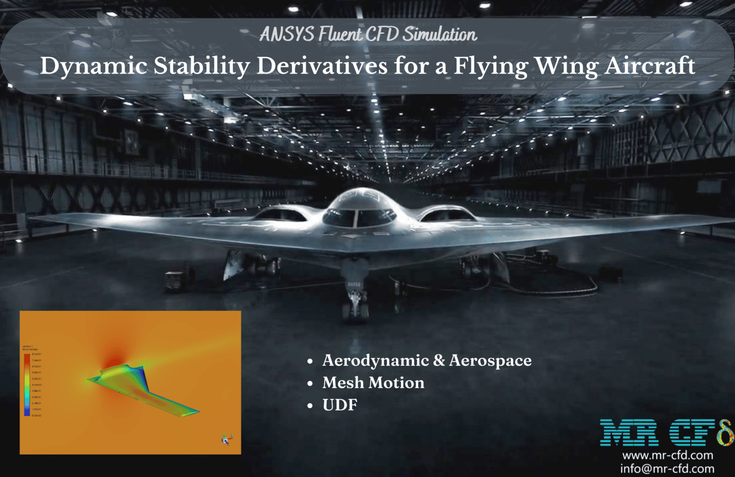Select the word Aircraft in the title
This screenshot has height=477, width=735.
(x=649, y=66)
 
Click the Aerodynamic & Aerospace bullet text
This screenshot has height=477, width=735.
(x=427, y=360)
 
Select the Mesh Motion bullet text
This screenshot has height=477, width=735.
(x=373, y=383)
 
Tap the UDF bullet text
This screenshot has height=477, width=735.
(x=340, y=405)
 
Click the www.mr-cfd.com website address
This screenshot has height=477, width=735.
(x=667, y=455)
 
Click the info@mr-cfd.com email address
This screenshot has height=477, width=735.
(x=667, y=469)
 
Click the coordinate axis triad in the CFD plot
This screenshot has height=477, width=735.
(x=226, y=438)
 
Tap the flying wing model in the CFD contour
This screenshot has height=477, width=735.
(x=144, y=387)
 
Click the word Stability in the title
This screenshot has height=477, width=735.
(x=201, y=66)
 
